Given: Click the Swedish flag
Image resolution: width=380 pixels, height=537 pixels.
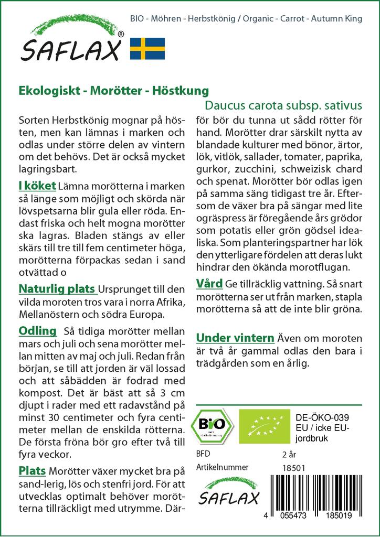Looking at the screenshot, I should pos(147,48).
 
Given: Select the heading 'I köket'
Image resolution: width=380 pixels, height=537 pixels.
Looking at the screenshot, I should pos(37,186).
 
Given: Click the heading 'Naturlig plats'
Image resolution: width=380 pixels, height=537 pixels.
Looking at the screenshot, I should pos(57,289).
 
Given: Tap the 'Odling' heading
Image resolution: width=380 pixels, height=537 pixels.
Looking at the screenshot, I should pos(37,331).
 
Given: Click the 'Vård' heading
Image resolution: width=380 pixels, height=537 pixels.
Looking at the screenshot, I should pos(209,284).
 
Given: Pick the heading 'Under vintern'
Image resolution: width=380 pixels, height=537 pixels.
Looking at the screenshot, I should pos(235,337).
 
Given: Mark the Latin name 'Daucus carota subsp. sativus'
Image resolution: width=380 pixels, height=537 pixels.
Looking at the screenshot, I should pos(283,104).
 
